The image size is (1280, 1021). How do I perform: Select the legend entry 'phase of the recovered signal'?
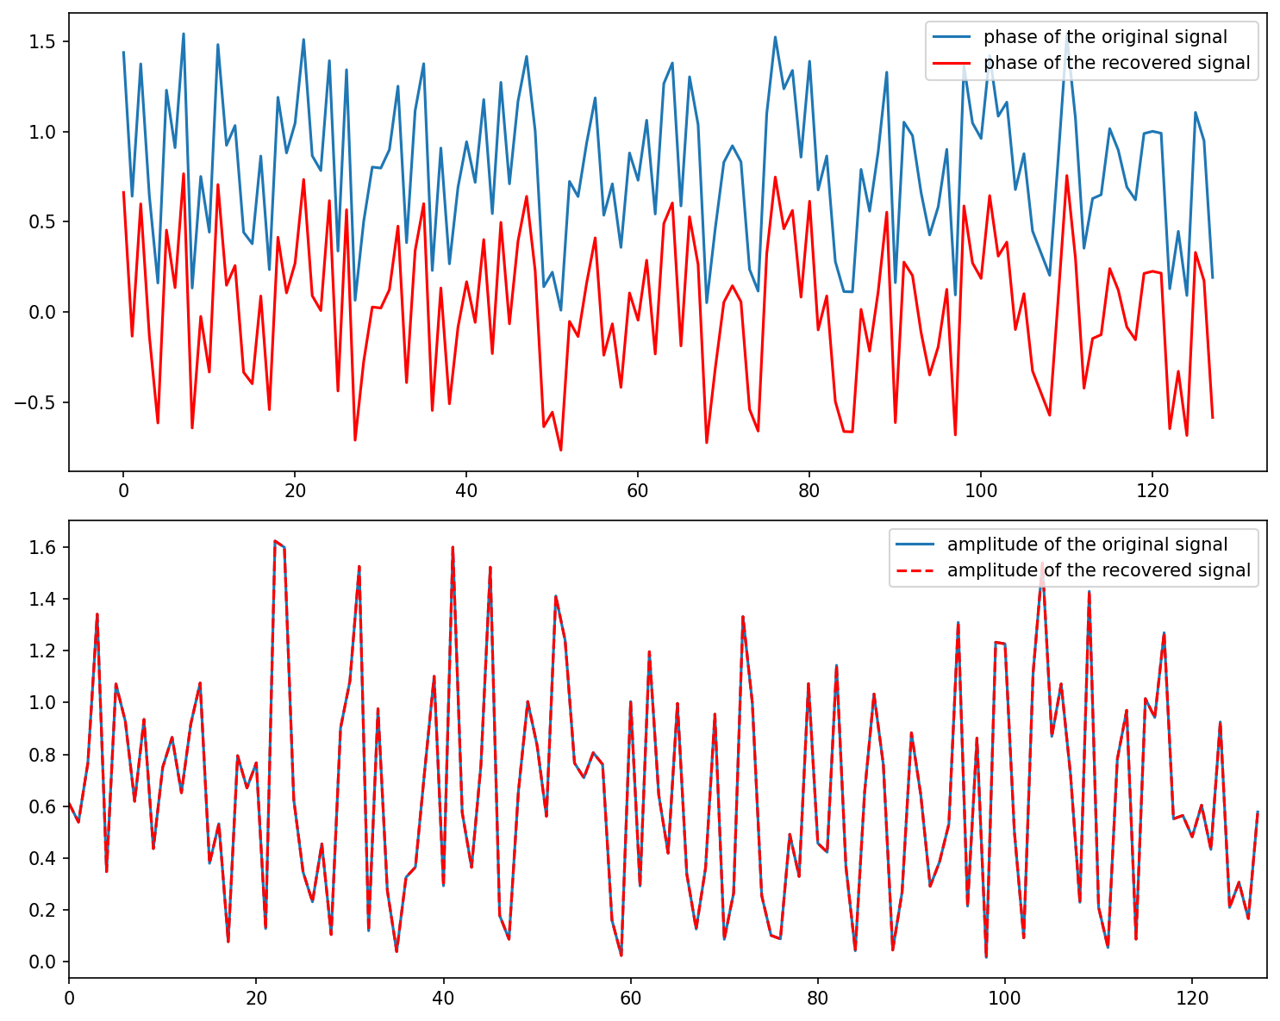[x=1116, y=63]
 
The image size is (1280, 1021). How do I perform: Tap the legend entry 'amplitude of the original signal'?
[x=1087, y=545]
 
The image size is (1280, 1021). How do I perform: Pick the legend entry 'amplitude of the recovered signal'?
[x=1098, y=570]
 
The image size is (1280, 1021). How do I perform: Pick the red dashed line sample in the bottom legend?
[x=915, y=570]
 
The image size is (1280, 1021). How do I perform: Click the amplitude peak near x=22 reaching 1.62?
[x=274, y=541]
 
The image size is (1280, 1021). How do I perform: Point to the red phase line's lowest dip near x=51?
[x=560, y=450]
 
